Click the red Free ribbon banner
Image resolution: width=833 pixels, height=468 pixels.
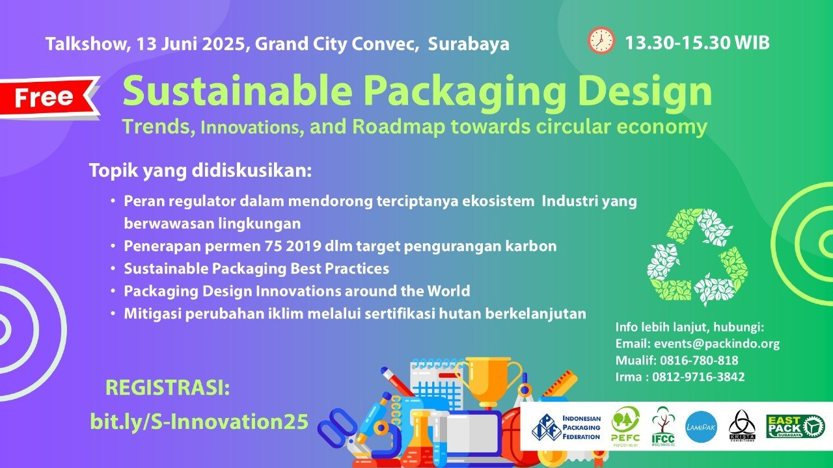pyautogui.click(x=48, y=97)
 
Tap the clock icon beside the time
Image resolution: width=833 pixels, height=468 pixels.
pyautogui.click(x=601, y=40)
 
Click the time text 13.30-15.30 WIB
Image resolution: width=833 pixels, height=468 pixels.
pyautogui.click(x=697, y=43)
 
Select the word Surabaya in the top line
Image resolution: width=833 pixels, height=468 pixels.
pyautogui.click(x=469, y=44)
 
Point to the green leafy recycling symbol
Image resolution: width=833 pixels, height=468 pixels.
pyautogui.click(x=697, y=257)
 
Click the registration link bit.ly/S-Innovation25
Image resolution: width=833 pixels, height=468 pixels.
pyautogui.click(x=199, y=422)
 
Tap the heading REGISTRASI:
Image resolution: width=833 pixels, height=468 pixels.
pyautogui.click(x=168, y=388)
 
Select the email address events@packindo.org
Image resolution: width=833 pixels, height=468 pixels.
pyautogui.click(x=717, y=344)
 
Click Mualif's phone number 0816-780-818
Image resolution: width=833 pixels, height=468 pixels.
pyautogui.click(x=699, y=360)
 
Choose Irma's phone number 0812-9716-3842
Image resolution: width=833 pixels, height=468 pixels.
pyautogui.click(x=698, y=377)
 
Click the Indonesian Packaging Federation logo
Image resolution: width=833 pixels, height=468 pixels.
pyautogui.click(x=566, y=427)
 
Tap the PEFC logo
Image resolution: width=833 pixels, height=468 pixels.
pyautogui.click(x=625, y=426)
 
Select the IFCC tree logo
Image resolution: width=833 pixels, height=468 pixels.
pyautogui.click(x=663, y=426)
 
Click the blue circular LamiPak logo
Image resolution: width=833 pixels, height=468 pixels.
pyautogui.click(x=701, y=427)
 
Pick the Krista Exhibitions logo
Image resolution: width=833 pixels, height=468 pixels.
pyautogui.click(x=742, y=426)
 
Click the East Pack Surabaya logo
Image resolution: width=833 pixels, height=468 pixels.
pyautogui.click(x=795, y=426)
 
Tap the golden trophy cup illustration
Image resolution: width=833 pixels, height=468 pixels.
pyautogui.click(x=488, y=383)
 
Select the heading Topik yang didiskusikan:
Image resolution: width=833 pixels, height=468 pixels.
pyautogui.click(x=200, y=171)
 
